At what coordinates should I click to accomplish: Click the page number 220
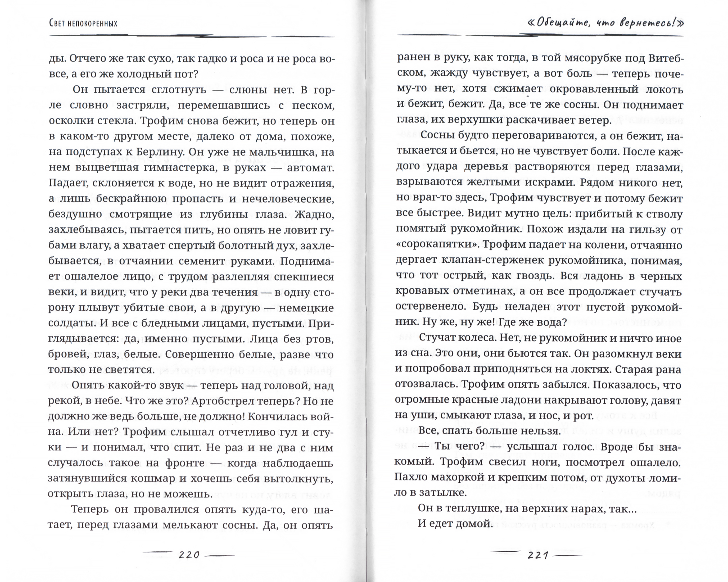189,555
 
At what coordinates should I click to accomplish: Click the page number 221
538,555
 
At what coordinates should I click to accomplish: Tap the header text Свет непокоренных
83,23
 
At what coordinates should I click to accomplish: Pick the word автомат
310,167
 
